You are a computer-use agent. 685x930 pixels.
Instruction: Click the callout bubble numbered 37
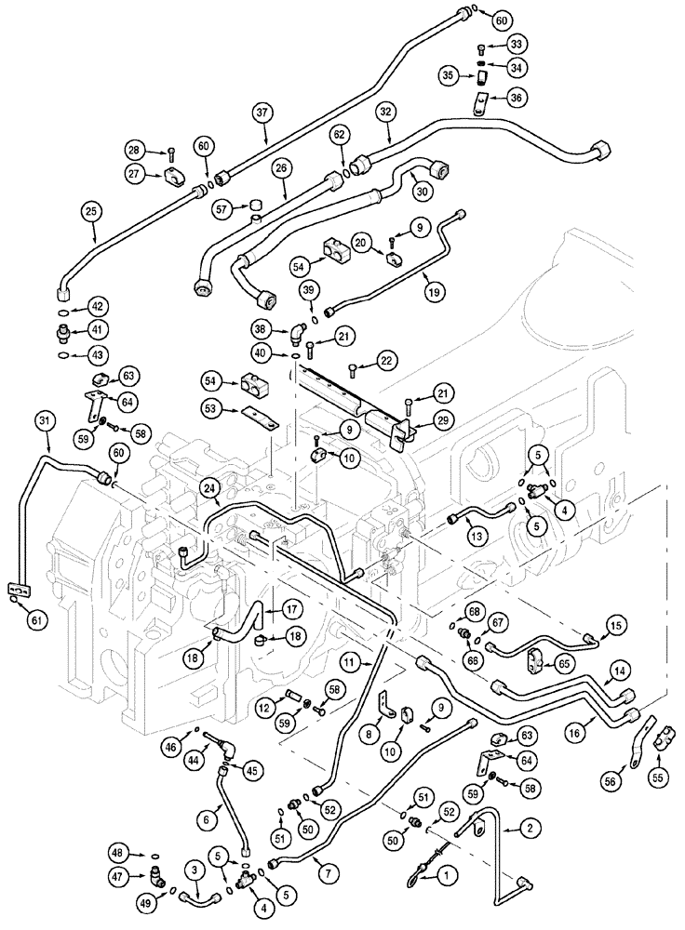(x=263, y=113)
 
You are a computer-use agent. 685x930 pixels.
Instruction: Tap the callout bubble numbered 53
(x=213, y=409)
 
